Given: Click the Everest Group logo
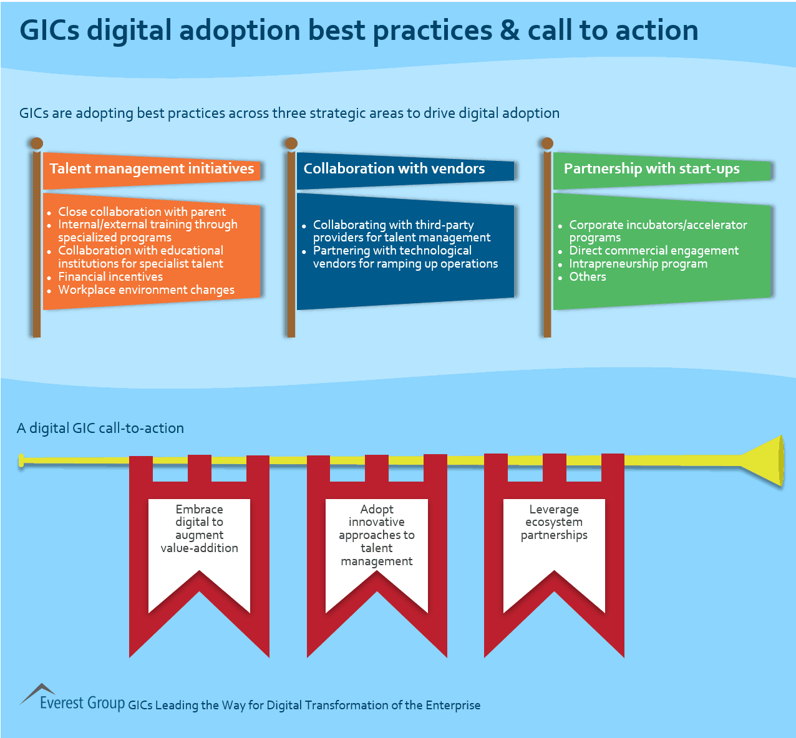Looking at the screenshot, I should tap(72, 698).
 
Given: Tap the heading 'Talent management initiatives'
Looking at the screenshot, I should tap(152, 169).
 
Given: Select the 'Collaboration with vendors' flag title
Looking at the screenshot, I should tap(394, 169).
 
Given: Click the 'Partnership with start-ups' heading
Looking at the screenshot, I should tap(651, 169).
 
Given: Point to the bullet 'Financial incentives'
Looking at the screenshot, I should tap(110, 277).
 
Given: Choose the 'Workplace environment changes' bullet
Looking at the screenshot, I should tap(146, 290).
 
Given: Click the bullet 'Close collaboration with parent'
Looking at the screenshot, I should tap(142, 212).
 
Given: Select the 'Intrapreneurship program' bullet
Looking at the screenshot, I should tap(638, 264).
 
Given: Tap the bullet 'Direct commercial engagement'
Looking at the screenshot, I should tap(653, 251).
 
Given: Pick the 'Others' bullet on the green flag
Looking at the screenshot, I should tap(587, 277).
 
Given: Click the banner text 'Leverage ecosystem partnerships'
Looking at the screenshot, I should tap(554, 522).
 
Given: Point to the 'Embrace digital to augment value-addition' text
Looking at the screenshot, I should tap(199, 529).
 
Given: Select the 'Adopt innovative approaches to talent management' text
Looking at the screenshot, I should tap(377, 535).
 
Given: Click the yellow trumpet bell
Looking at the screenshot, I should tap(768, 461).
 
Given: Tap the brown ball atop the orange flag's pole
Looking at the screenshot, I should tap(37, 143).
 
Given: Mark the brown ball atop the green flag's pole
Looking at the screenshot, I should tap(547, 143).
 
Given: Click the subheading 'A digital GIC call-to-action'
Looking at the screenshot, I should tap(100, 429).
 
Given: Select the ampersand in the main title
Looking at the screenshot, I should tap(509, 31).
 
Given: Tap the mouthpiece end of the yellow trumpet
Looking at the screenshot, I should tap(22, 461).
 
